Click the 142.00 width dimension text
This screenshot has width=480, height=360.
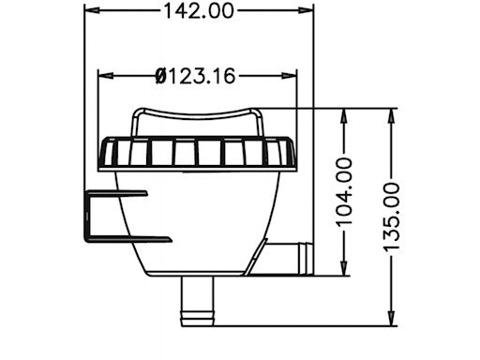click(198, 11)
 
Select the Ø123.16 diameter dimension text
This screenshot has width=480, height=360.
click(198, 74)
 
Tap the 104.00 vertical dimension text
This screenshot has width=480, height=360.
click(345, 191)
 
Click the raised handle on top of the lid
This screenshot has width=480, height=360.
click(197, 118)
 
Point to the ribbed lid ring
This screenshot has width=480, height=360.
click(197, 153)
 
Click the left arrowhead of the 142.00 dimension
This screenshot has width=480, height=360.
click(90, 11)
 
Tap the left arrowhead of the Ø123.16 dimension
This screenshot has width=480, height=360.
click(104, 74)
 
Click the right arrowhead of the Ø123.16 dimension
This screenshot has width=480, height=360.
click(292, 74)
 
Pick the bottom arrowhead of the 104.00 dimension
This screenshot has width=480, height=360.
click(345, 271)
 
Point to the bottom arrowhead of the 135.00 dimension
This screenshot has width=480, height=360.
click(392, 320)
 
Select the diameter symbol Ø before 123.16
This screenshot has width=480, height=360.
click(160, 74)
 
